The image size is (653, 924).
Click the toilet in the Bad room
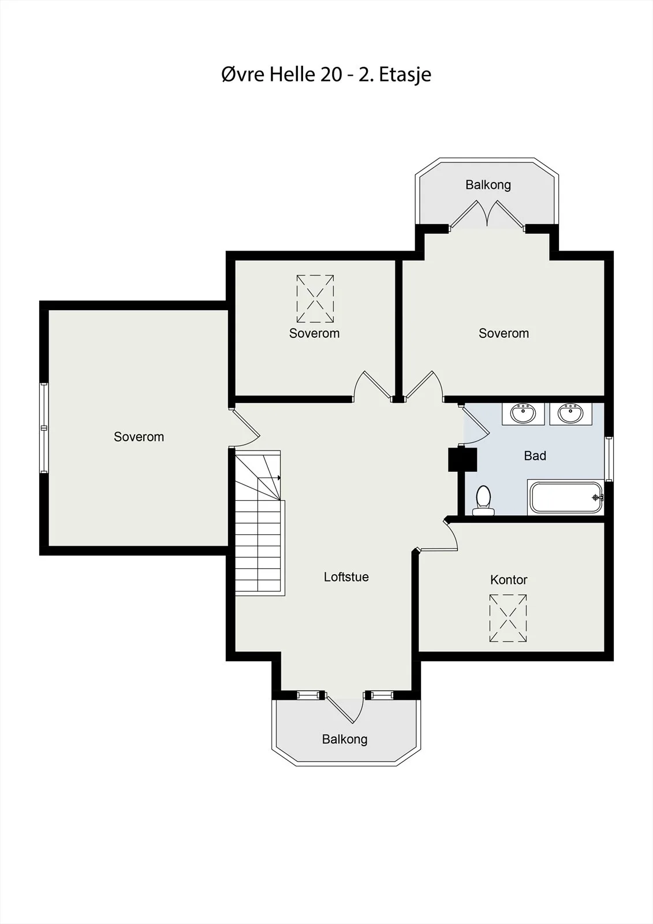pyautogui.click(x=483, y=500)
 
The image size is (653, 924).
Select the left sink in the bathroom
pyautogui.click(x=523, y=413)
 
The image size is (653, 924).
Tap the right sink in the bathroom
pyautogui.click(x=570, y=413)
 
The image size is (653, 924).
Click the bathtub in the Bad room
pyautogui.click(x=566, y=497)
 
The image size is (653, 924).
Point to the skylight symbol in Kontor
pyautogui.click(x=508, y=618)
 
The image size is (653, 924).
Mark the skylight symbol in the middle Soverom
pyautogui.click(x=315, y=299)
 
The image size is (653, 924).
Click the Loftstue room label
pyautogui.click(x=346, y=577)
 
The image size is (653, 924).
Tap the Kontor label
pyautogui.click(x=509, y=580)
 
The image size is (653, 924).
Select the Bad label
pyautogui.click(x=535, y=456)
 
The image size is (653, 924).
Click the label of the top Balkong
pyautogui.click(x=488, y=185)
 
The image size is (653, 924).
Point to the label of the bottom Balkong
pyautogui.click(x=345, y=739)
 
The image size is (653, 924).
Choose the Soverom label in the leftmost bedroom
pyautogui.click(x=139, y=437)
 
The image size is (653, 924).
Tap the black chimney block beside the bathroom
pyautogui.click(x=462, y=459)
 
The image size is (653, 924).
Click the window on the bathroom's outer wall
pyautogui.click(x=609, y=459)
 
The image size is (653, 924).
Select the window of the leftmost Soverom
pyautogui.click(x=44, y=428)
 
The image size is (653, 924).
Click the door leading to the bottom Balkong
pyautogui.click(x=346, y=707)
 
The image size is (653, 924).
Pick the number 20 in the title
pyautogui.click(x=330, y=74)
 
